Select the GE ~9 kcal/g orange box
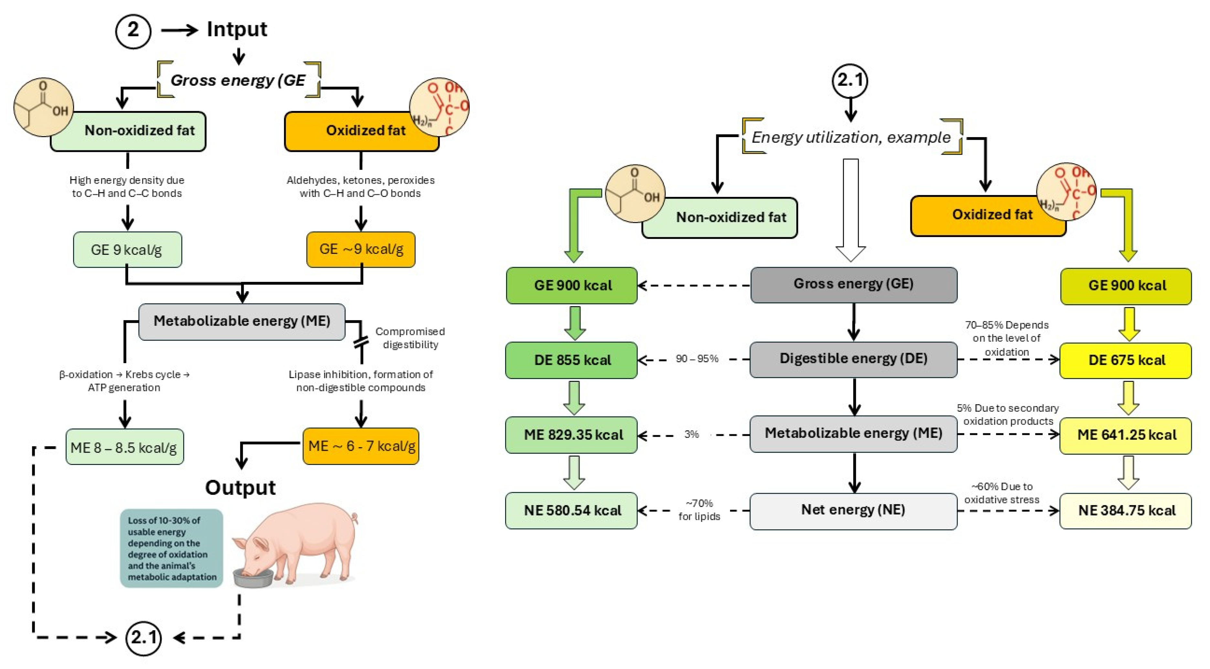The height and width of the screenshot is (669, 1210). coord(361,250)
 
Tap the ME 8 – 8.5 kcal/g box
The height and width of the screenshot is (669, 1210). coord(124,447)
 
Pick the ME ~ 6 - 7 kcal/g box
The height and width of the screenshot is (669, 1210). coord(361,446)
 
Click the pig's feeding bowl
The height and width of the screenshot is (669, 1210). coord(253,578)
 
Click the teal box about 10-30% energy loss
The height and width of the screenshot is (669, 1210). coord(171,548)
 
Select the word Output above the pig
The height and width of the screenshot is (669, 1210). coord(240,488)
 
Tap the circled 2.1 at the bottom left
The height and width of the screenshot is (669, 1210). coord(143,638)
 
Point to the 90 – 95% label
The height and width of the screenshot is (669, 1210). coord(697,359)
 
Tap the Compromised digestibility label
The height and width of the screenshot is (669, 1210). coord(410,338)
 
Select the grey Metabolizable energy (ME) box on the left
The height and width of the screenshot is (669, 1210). coord(242,321)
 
